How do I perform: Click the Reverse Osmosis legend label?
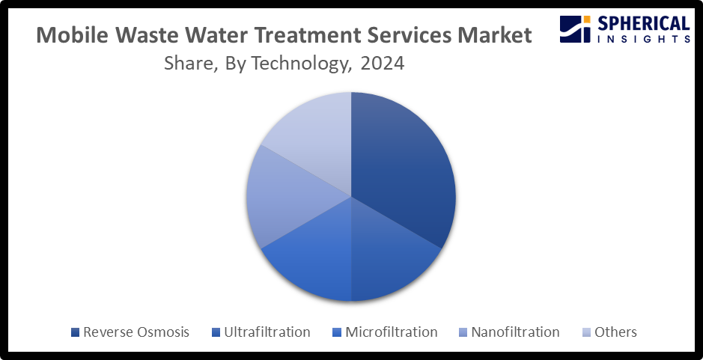[x=136, y=332]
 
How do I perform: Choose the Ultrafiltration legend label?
[x=267, y=332]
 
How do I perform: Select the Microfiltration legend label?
[x=392, y=332]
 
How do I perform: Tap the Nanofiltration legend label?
[x=515, y=332]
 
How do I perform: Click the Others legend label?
[x=615, y=332]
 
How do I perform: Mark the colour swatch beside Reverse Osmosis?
[x=76, y=332]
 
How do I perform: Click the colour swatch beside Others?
[x=586, y=332]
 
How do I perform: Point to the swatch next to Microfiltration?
[x=337, y=332]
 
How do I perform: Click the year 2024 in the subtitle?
[x=382, y=63]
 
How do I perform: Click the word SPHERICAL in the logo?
[x=642, y=24]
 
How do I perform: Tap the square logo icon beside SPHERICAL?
[x=576, y=29]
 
